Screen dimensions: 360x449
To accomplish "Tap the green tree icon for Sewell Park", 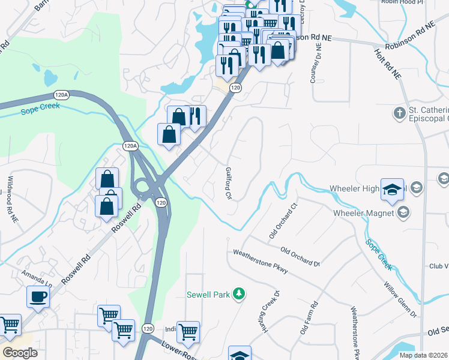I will [x=240, y=293].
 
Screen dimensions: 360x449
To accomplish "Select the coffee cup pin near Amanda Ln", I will [x=38, y=297].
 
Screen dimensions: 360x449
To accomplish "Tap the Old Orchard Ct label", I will [x=284, y=221].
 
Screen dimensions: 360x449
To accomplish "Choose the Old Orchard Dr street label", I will [x=300, y=257].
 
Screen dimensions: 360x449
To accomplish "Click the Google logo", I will [x=20, y=352].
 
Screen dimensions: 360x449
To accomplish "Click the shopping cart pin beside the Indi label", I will [x=188, y=331].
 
